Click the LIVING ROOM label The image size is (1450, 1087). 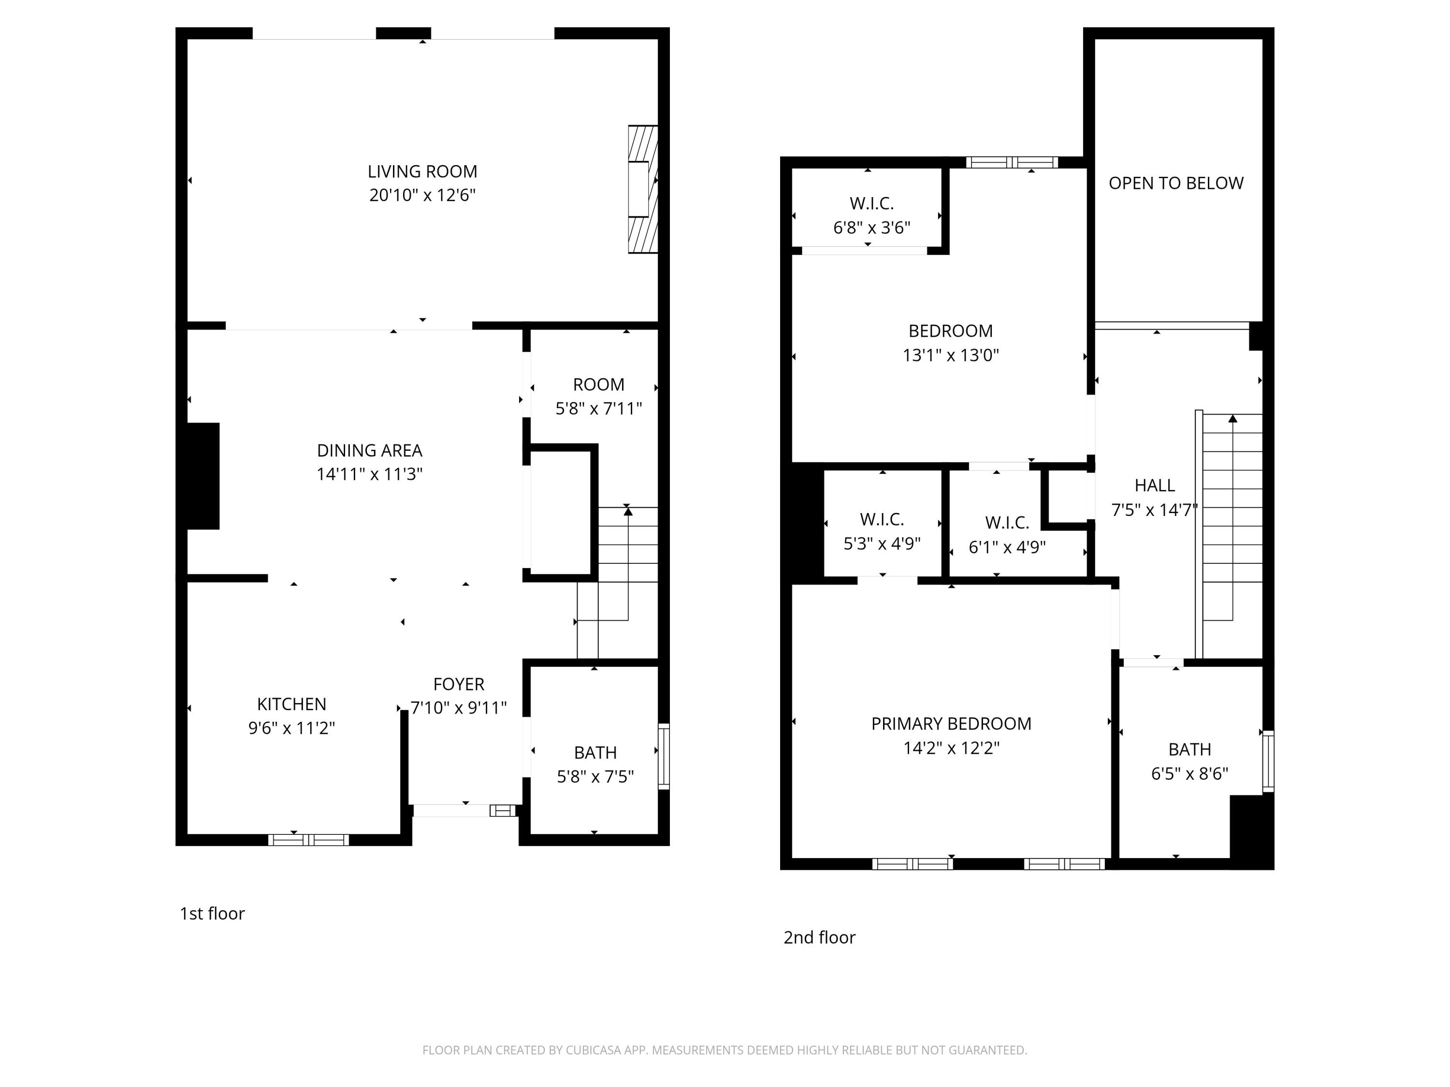(422, 172)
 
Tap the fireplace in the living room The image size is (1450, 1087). (642, 189)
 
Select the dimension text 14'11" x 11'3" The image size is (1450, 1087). (370, 474)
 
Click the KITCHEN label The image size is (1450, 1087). (292, 704)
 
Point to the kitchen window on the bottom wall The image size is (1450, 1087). (308, 840)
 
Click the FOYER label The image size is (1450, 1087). (459, 684)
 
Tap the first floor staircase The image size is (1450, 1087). (627, 563)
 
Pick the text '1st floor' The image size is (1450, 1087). (212, 914)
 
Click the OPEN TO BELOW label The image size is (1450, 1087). (1176, 184)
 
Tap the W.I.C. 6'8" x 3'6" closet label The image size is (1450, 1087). (872, 215)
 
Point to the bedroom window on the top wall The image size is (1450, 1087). (1012, 162)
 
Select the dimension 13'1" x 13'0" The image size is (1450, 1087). (951, 355)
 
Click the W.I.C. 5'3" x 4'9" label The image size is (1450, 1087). (882, 531)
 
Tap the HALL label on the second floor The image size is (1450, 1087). (1154, 486)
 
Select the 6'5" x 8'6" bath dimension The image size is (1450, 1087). (1189, 774)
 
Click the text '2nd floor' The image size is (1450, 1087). (819, 938)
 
